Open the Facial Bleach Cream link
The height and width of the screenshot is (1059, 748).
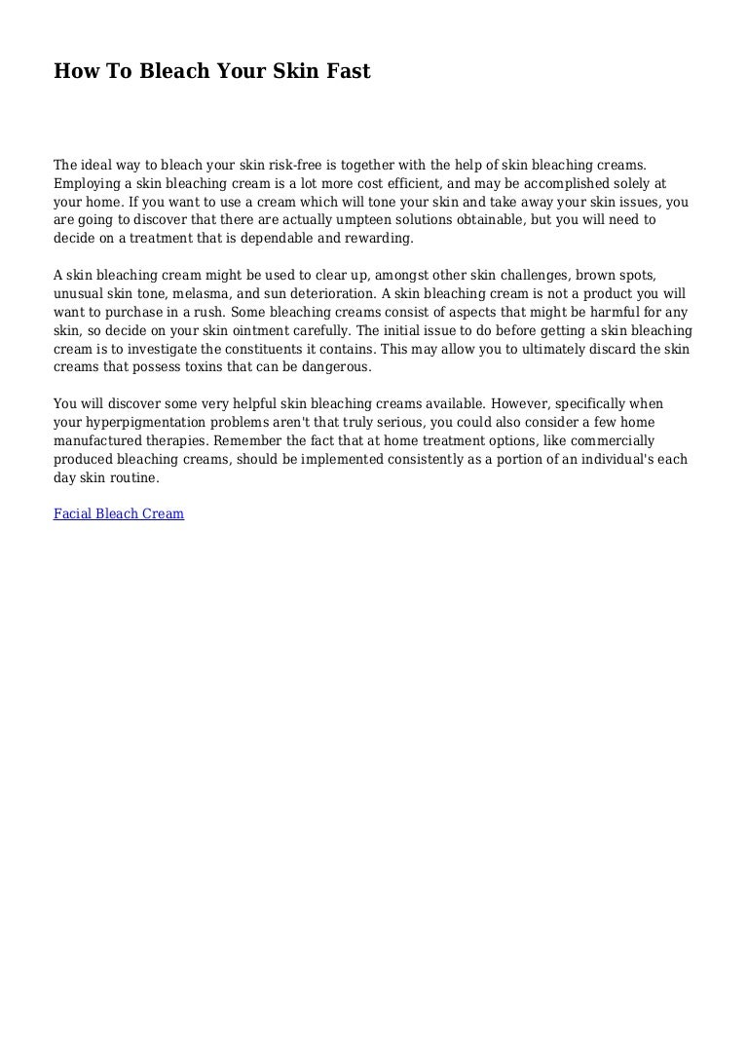(x=118, y=512)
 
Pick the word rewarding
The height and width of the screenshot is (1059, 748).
(x=381, y=238)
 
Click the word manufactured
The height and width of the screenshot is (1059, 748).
(x=97, y=440)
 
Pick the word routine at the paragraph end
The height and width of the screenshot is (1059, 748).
(x=133, y=477)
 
